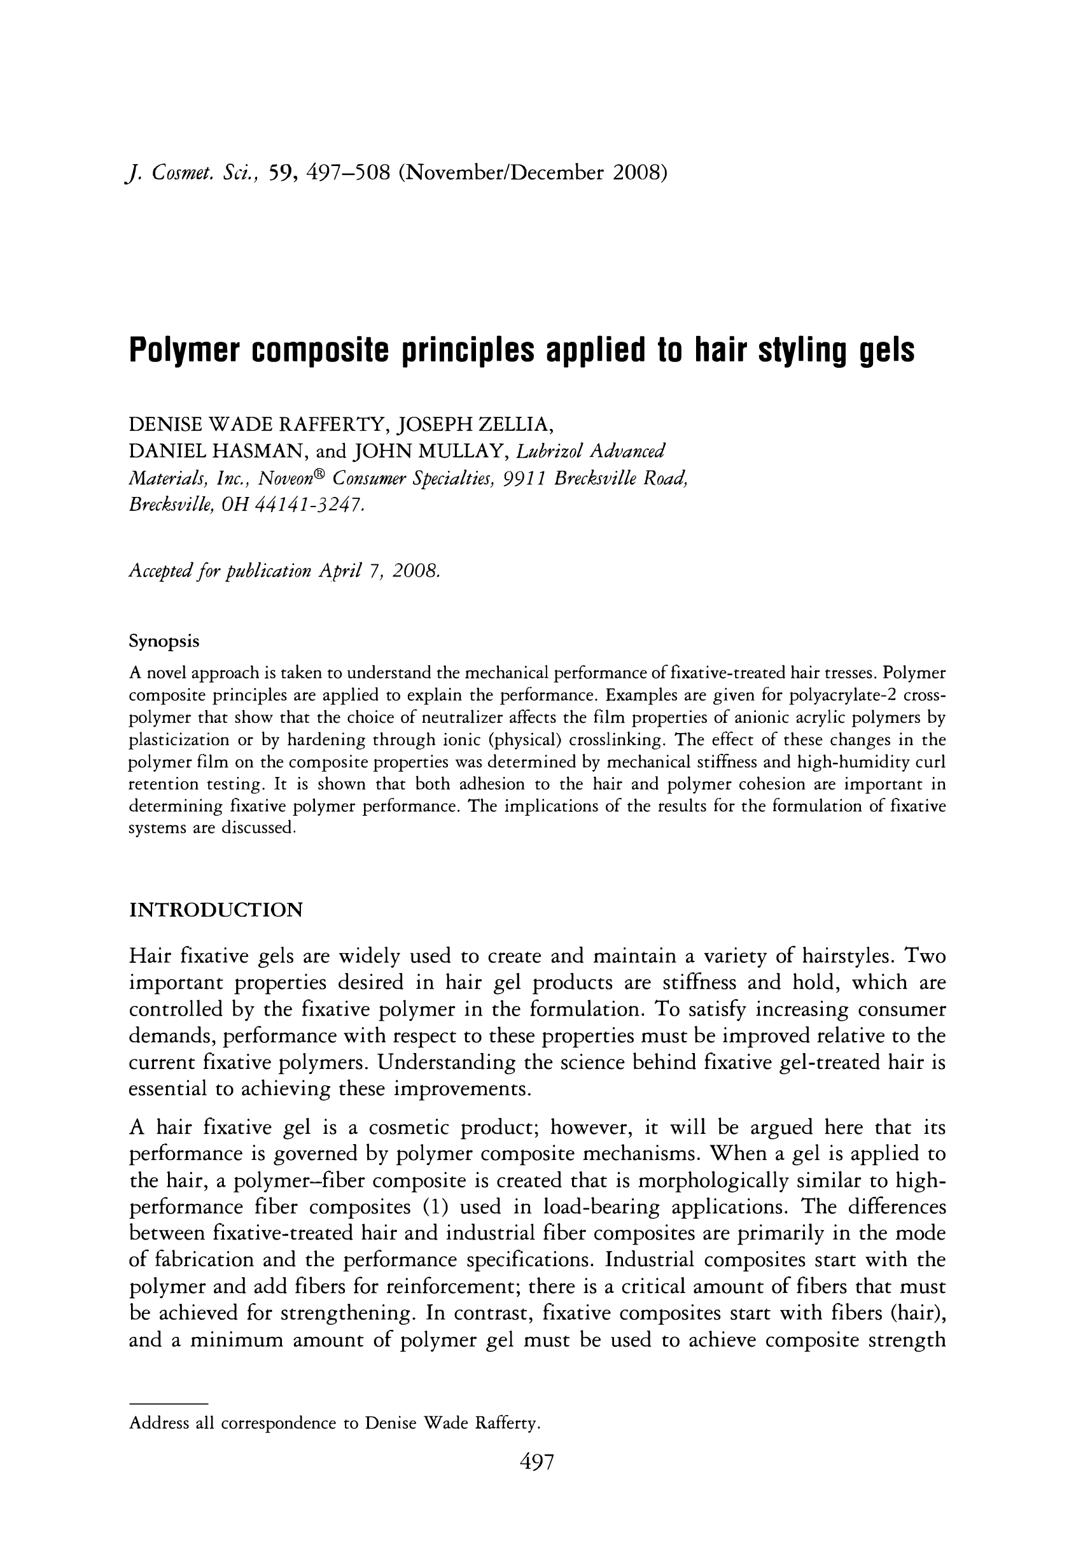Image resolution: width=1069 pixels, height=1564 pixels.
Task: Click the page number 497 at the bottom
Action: (x=536, y=1462)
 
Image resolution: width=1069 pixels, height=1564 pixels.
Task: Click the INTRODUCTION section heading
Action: (x=216, y=911)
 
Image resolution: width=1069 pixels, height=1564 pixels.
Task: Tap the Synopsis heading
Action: (x=164, y=641)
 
